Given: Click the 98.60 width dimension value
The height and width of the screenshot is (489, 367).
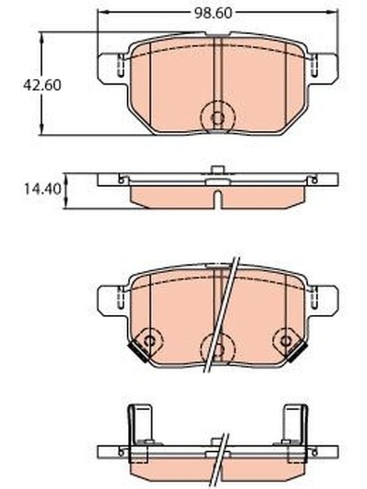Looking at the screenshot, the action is [213, 13].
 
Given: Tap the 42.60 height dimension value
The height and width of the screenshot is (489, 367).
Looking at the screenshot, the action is [42, 85].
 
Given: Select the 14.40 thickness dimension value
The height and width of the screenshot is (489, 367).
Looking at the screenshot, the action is [43, 189].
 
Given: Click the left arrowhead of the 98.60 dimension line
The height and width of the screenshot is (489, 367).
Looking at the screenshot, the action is [102, 12].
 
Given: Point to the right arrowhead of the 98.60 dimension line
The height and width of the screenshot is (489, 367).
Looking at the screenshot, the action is [332, 12].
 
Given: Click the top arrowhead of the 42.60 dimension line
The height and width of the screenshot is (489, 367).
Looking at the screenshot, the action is [42, 37].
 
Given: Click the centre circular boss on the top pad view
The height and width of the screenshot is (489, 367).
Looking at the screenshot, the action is [218, 117].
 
